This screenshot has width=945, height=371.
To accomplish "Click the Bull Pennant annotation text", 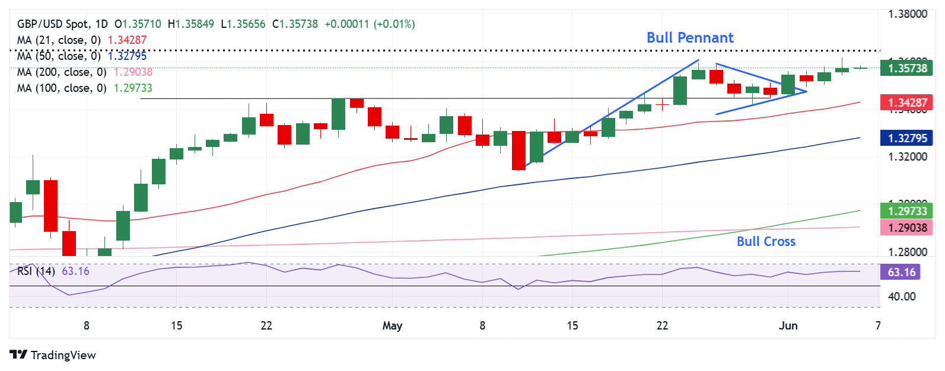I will click(x=690, y=38).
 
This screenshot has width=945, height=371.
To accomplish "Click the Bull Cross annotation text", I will click(x=766, y=242).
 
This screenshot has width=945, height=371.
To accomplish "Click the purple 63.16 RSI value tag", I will click(x=902, y=272).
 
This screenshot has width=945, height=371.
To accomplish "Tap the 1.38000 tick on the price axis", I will click(x=907, y=14).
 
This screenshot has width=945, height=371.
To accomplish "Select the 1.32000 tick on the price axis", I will click(x=907, y=157).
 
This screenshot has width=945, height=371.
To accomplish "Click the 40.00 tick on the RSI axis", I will click(x=902, y=296).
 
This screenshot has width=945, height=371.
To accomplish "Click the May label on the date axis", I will click(x=392, y=325).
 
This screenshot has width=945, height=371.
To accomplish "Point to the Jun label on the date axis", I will click(x=788, y=325).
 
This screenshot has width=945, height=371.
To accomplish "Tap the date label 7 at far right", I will click(x=878, y=325).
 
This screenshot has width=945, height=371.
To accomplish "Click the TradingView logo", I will click(x=53, y=355).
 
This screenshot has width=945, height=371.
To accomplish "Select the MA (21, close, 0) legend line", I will click(x=59, y=40).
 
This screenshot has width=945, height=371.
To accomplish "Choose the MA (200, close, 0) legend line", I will click(x=62, y=72).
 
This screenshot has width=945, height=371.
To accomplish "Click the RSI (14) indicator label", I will click(x=36, y=271).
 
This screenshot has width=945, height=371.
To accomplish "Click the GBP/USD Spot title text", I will click(x=53, y=24).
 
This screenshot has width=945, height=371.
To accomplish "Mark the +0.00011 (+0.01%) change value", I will click(x=370, y=24).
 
